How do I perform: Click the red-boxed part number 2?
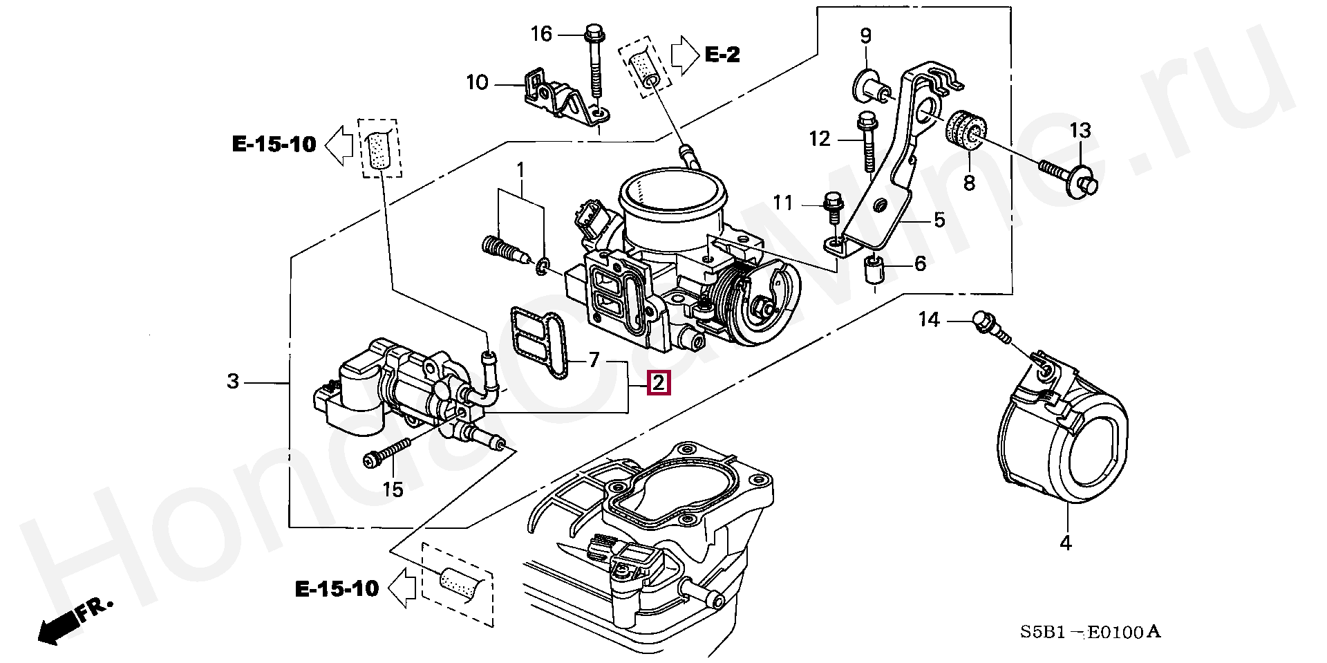[658, 382]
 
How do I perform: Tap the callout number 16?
[542, 34]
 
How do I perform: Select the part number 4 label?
[1065, 543]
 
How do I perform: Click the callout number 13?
[1080, 130]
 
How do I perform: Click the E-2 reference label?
[722, 54]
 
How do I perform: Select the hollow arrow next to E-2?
[685, 55]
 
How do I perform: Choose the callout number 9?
[865, 35]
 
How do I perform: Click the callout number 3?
[233, 381]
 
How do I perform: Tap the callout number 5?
[939, 221]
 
